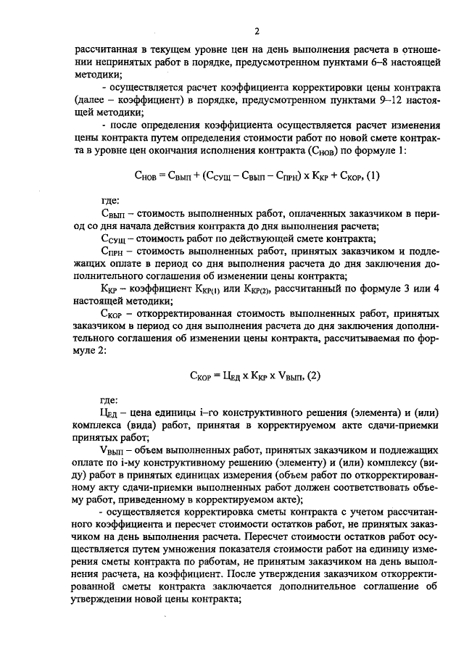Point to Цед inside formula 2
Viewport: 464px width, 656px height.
click(231, 375)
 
